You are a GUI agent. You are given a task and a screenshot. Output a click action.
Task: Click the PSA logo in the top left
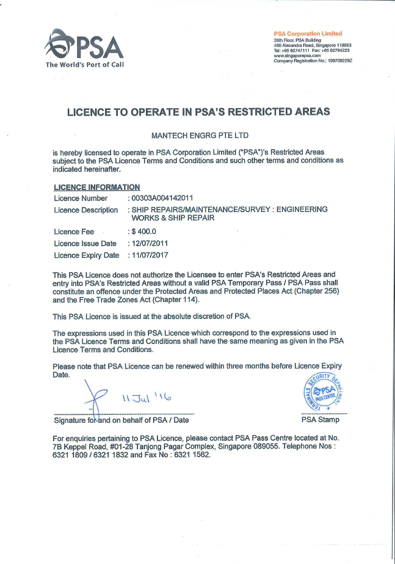[85, 45]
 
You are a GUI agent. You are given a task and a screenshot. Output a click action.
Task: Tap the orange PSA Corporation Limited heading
[308, 34]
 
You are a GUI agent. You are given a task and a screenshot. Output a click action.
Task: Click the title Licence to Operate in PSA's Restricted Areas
[198, 111]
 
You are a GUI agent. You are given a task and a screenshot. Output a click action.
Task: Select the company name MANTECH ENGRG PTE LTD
[199, 135]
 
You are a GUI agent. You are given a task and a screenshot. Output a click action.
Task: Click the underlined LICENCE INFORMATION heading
[96, 188]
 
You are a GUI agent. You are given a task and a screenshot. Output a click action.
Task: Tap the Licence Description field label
[85, 210]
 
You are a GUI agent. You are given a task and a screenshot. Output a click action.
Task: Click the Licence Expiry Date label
[86, 255]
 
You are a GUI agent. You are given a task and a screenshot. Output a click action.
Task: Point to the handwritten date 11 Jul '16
[145, 399]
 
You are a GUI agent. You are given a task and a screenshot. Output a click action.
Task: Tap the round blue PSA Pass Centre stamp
[321, 392]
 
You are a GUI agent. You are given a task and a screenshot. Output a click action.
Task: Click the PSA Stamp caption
[321, 420]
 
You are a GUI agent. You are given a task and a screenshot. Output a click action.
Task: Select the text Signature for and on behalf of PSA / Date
[121, 420]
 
